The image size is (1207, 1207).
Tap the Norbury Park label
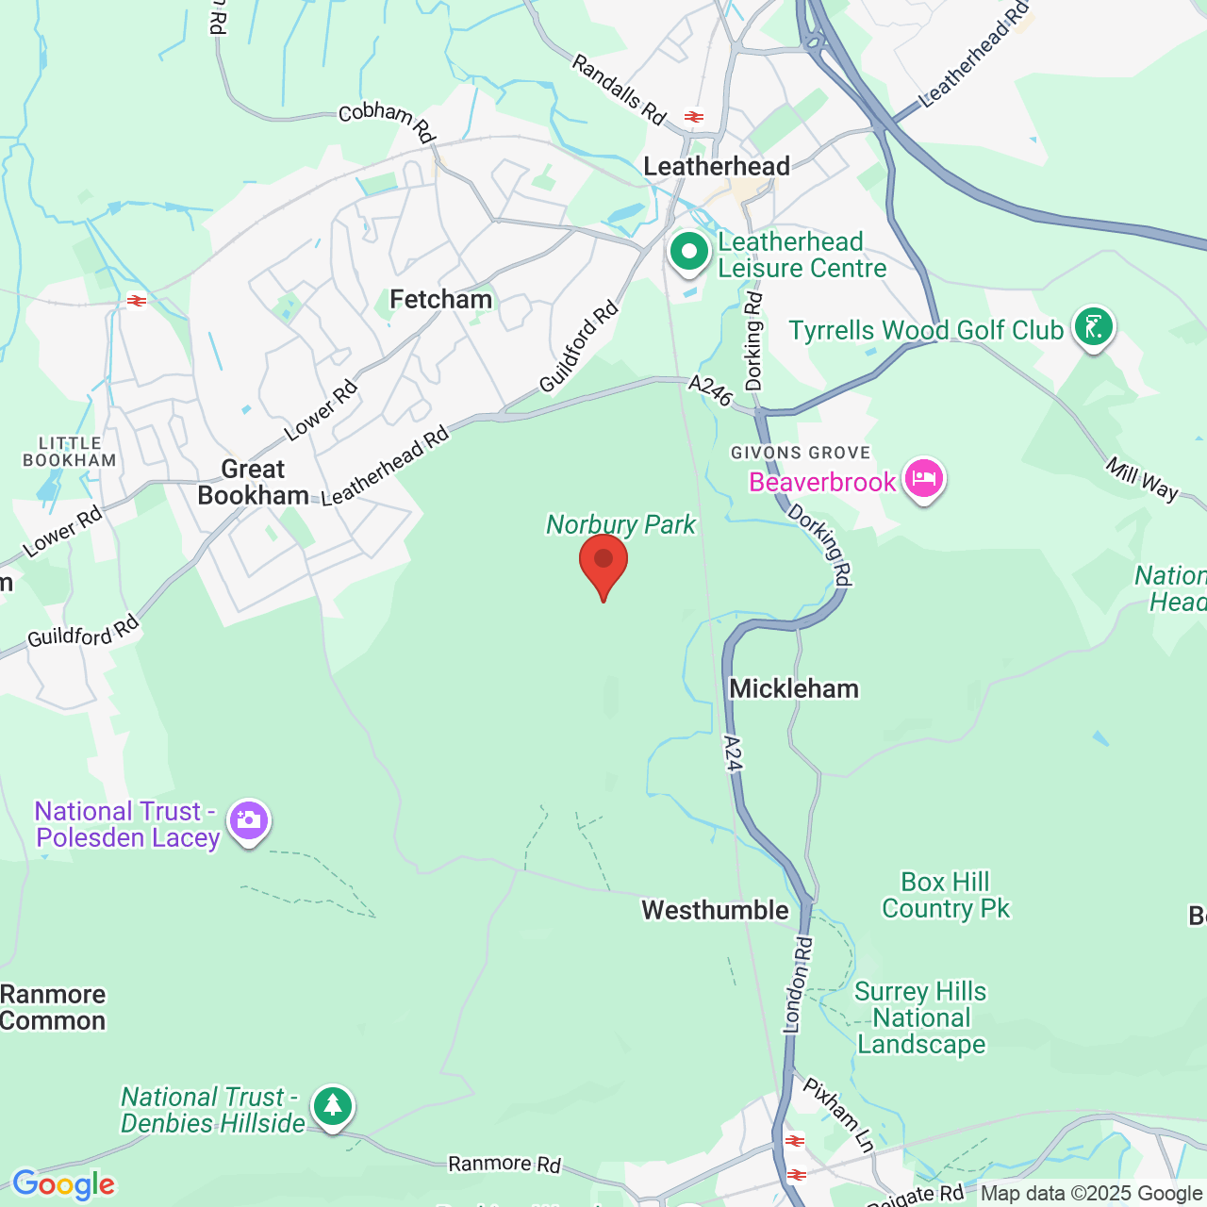click(x=620, y=524)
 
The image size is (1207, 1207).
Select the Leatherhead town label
click(x=717, y=167)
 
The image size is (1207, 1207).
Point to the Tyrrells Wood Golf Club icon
click(x=1093, y=327)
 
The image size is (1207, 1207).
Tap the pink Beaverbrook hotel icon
click(x=923, y=479)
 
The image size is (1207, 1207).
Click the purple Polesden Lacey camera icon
click(x=249, y=820)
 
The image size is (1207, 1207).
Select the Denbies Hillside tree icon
click(x=332, y=1106)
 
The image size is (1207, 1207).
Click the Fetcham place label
click(x=440, y=300)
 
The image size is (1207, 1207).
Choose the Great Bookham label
click(x=253, y=482)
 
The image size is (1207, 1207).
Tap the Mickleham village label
click(x=794, y=689)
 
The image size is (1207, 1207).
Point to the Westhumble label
click(x=715, y=910)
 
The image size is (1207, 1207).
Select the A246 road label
click(x=710, y=390)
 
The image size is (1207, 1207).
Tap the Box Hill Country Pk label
click(x=946, y=895)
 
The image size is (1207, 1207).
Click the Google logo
click(x=63, y=1184)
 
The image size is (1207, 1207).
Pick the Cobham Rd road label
click(x=387, y=121)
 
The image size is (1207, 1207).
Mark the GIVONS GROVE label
click(x=801, y=453)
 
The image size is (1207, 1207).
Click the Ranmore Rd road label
click(x=504, y=1165)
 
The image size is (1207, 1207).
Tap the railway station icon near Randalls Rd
click(x=694, y=118)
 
